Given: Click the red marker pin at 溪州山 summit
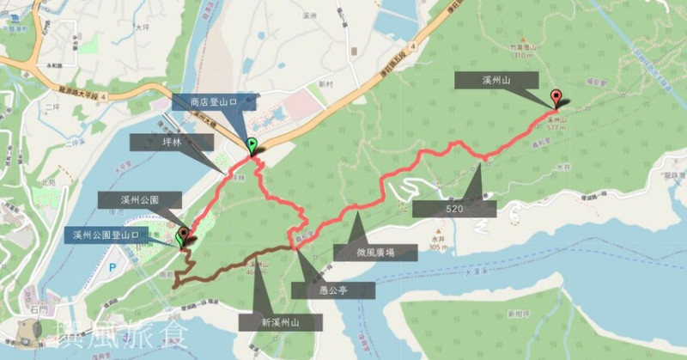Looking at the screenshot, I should (x=555, y=97).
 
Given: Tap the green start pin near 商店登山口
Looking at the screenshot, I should (x=251, y=145).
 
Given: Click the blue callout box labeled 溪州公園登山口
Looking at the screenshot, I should (x=106, y=235).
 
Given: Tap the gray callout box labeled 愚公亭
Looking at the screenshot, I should (x=333, y=290).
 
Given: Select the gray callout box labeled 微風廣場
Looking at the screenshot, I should (x=374, y=253).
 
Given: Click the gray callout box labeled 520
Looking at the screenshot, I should (x=454, y=208).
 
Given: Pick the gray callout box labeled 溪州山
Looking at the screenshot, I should (x=496, y=80).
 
